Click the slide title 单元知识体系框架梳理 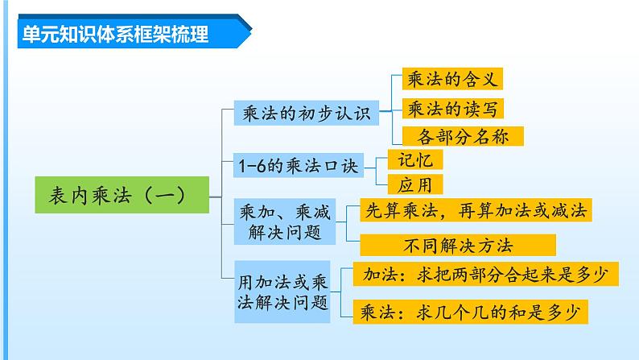(x=113, y=35)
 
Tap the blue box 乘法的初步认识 (x=305, y=114)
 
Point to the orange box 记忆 (x=415, y=159)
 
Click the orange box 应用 (x=415, y=184)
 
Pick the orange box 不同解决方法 (x=458, y=244)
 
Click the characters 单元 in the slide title (x=35, y=35)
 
